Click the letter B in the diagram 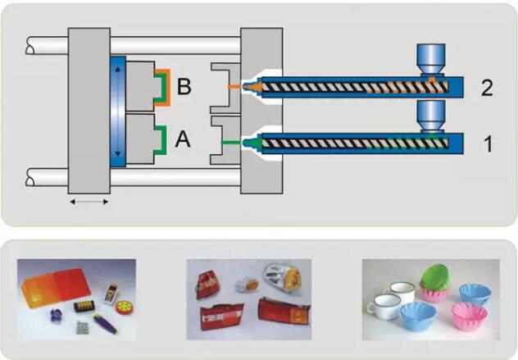(x=184, y=86)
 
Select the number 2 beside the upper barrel (x=487, y=88)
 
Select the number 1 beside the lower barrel (x=487, y=145)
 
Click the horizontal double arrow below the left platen (x=87, y=200)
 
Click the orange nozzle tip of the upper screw (x=257, y=85)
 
